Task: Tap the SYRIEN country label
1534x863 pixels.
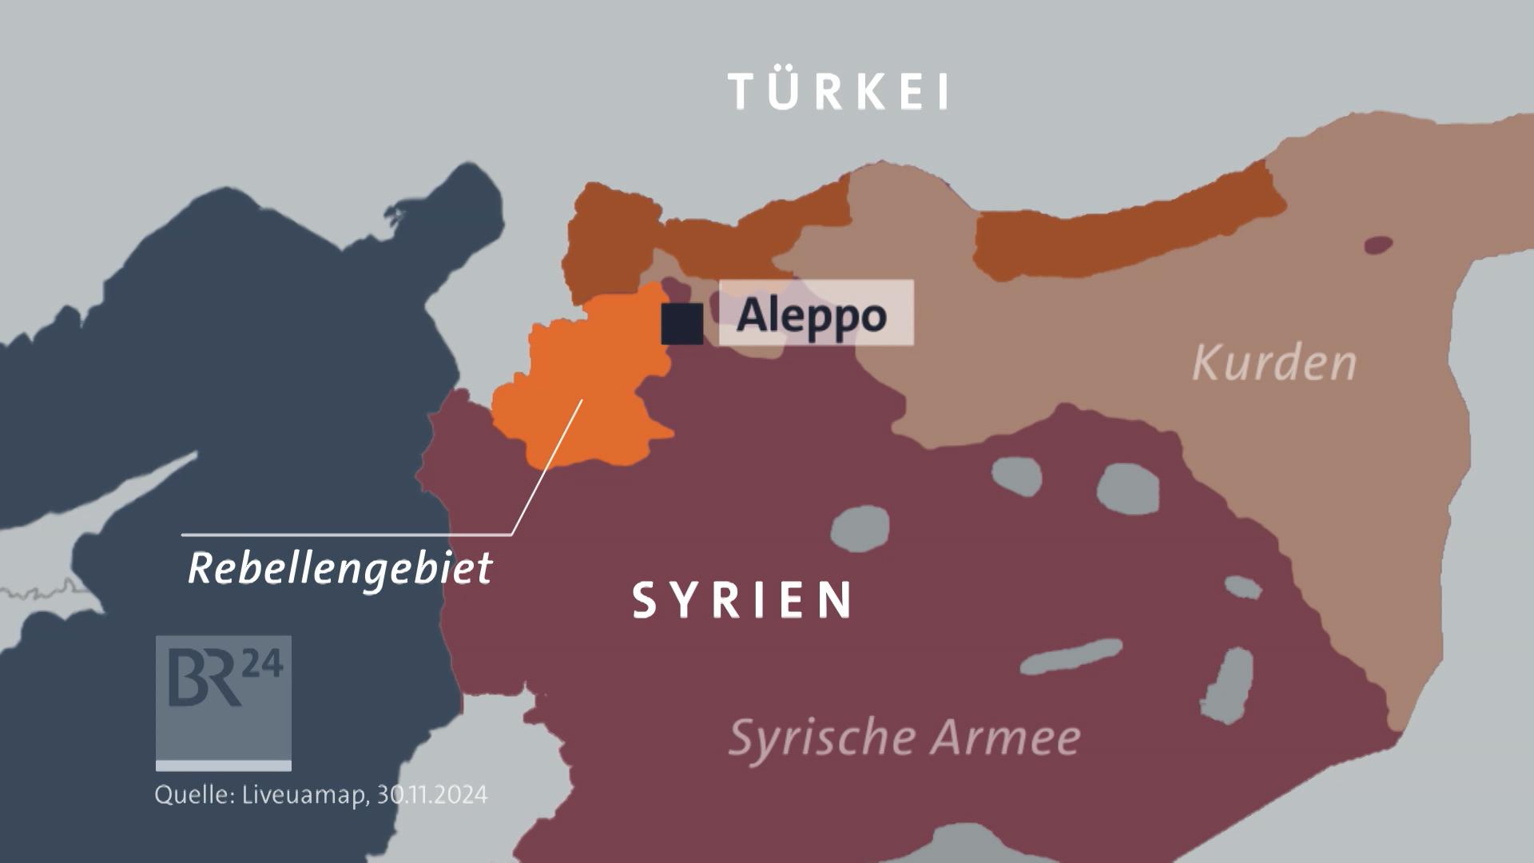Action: point(743,600)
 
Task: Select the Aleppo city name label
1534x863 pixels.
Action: point(812,315)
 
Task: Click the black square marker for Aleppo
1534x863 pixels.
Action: point(682,324)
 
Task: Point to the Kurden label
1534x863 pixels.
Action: point(1274,364)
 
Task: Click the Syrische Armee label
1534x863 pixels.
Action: point(904,737)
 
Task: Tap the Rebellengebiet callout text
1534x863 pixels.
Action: point(340,569)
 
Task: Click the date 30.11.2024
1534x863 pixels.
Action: point(431,795)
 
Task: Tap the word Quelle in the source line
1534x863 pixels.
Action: point(194,795)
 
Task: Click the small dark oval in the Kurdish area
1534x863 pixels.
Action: point(1378,245)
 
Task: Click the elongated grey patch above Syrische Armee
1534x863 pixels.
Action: point(1071,657)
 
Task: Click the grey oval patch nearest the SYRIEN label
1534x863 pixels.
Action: point(860,528)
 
